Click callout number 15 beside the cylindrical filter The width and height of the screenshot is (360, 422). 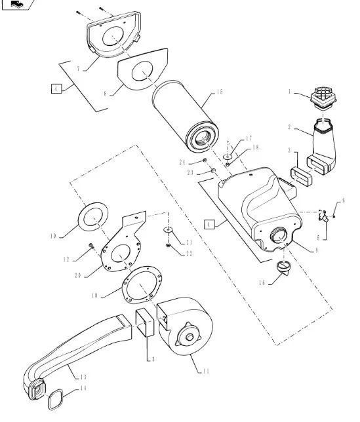[220, 92]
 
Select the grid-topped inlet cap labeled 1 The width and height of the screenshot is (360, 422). [323, 98]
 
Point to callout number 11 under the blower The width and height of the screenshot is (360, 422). [206, 372]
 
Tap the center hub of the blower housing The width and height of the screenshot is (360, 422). [190, 337]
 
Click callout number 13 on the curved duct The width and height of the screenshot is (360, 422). [83, 377]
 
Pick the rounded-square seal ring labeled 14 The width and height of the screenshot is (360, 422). [56, 400]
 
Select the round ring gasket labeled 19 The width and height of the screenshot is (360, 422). [93, 216]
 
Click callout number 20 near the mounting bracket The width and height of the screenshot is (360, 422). [78, 276]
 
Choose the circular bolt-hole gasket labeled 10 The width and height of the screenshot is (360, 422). [142, 285]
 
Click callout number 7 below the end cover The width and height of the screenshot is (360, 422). [78, 69]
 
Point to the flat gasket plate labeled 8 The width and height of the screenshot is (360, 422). [143, 69]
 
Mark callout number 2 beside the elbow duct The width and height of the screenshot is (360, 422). [289, 127]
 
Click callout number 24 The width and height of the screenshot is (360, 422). [182, 162]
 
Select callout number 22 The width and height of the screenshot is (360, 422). [190, 253]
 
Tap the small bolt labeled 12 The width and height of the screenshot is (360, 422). [91, 245]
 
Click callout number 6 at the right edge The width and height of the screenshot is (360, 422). [344, 201]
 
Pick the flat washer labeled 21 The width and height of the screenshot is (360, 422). [169, 229]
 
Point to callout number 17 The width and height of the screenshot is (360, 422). [249, 138]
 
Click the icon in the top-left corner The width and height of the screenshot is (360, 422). [18, 4]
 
